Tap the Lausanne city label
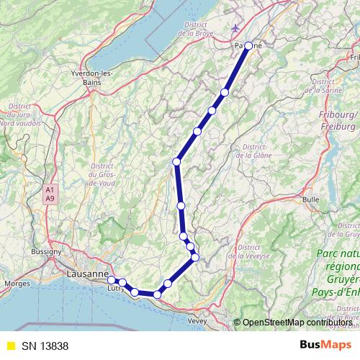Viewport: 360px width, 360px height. point(86,274)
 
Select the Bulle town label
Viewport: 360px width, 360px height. point(311,199)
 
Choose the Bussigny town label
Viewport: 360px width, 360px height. point(48,252)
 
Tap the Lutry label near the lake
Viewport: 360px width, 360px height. point(115,288)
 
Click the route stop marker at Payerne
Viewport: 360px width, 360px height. point(248,45)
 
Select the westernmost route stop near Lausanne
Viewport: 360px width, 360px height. point(112,280)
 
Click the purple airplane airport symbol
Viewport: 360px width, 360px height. point(237,29)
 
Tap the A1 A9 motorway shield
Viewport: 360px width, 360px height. point(50,194)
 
